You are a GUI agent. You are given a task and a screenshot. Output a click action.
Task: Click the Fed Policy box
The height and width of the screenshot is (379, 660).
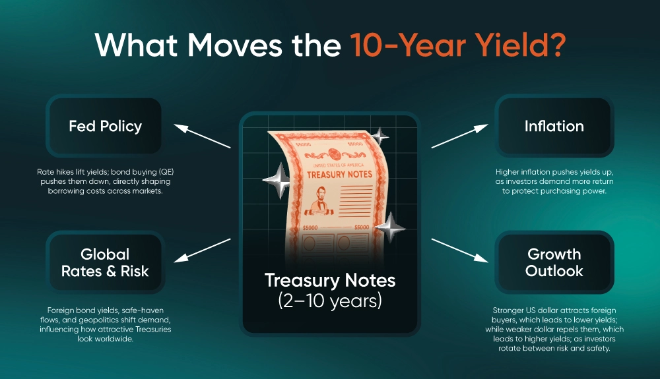105,126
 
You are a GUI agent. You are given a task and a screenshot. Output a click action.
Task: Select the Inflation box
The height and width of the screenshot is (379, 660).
554,126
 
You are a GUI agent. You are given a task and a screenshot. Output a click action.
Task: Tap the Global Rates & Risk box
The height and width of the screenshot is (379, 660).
105,262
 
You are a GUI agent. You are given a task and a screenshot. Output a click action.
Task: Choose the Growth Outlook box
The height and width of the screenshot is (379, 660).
554,262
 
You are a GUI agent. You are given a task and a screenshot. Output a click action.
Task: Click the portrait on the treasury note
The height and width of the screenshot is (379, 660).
321,204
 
